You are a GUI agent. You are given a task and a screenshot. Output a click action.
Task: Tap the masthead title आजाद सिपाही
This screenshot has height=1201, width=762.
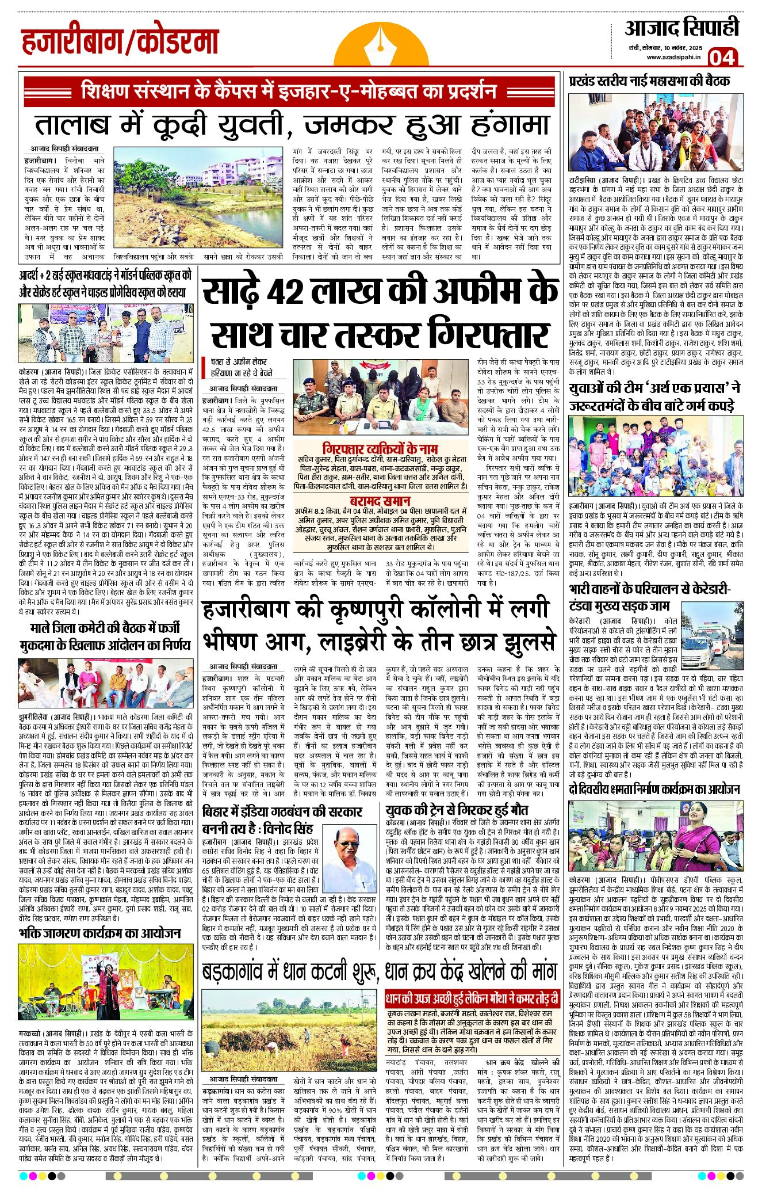(681, 28)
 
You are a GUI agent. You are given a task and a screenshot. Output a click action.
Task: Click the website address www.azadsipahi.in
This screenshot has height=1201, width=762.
(673, 56)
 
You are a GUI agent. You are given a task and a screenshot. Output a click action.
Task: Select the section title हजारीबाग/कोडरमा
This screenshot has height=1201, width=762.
(121, 42)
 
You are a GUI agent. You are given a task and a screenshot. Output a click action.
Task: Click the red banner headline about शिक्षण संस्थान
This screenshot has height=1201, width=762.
(289, 91)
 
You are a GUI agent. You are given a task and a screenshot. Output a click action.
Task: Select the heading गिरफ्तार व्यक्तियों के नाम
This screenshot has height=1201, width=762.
(380, 448)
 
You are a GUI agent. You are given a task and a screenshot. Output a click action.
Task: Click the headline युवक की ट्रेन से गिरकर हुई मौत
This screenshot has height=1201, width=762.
(457, 809)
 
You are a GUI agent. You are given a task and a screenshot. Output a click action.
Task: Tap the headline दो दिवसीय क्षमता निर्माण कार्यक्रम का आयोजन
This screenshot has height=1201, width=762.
(654, 789)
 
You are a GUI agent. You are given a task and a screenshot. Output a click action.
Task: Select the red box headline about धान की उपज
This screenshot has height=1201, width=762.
(472, 998)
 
